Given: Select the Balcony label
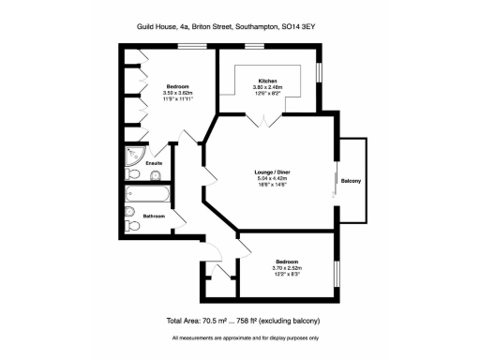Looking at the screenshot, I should [352, 180].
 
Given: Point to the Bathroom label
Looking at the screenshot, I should [155, 217].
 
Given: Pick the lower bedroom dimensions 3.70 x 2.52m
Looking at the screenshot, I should [287, 266].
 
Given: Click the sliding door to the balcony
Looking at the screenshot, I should [335, 181].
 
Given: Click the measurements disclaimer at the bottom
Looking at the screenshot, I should [246, 337].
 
